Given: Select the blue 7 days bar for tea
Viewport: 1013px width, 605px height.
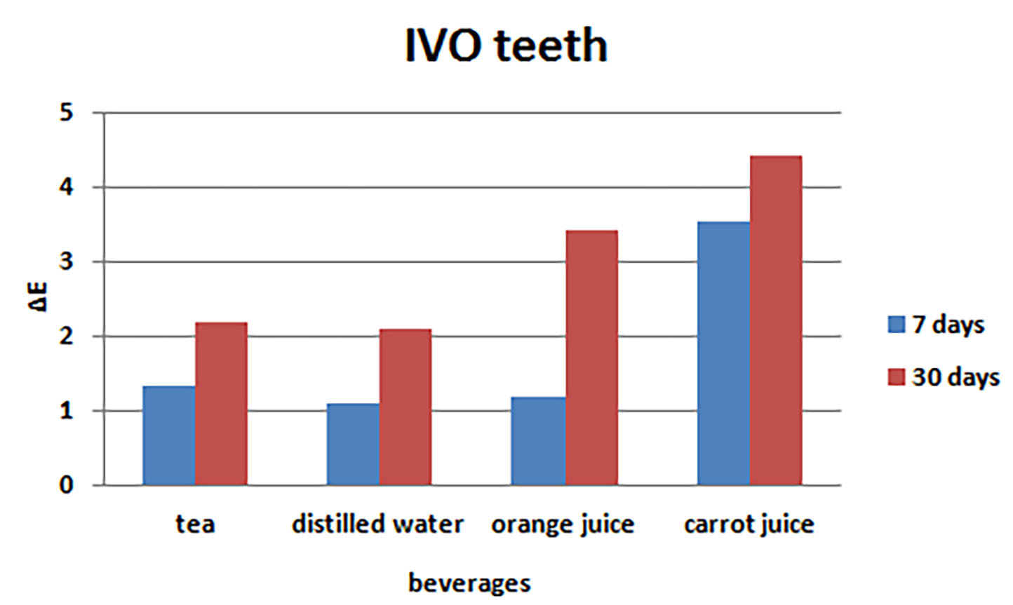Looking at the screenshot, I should [169, 435].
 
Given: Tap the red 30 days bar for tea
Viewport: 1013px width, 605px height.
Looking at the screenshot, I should [221, 404].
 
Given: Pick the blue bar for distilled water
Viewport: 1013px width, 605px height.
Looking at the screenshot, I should [354, 444].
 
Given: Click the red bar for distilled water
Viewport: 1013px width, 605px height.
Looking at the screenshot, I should [405, 407].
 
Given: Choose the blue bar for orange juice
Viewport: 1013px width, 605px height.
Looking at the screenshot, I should [538, 441].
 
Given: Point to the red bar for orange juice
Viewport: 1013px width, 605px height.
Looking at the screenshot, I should [591, 358].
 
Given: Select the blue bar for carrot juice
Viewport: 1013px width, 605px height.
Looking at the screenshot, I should [723, 353].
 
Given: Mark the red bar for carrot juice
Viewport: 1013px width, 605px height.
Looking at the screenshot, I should [775, 320].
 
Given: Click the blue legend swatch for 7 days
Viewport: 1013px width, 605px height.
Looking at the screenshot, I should [896, 325].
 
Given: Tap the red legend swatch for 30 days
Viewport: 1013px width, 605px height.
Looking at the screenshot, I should [896, 377].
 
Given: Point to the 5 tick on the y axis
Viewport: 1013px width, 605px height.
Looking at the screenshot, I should [67, 113].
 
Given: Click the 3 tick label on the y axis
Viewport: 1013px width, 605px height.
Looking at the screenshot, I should [67, 262].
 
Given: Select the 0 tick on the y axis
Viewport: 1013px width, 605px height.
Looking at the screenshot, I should [67, 485].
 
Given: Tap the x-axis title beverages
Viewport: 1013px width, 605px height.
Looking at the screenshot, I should [469, 583].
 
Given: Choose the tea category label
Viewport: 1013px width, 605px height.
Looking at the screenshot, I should [195, 524].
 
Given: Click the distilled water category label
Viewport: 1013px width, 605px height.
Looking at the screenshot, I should [377, 524].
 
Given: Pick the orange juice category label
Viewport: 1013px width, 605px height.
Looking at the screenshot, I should [563, 524].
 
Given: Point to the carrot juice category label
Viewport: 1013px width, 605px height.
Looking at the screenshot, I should [749, 524].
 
